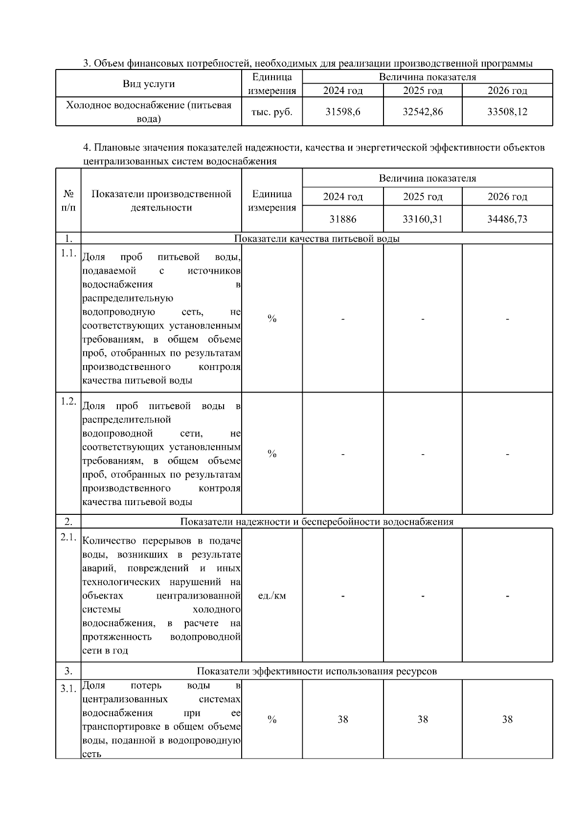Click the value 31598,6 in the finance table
(x=342, y=112)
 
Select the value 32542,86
(x=423, y=112)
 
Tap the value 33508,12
(x=507, y=112)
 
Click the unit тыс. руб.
(x=272, y=112)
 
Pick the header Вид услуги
(x=149, y=84)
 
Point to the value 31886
(x=342, y=219)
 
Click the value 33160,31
(x=423, y=219)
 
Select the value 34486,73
(x=507, y=219)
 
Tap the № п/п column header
(x=68, y=200)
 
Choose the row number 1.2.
(x=68, y=401)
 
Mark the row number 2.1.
(x=68, y=537)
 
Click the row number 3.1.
(x=68, y=689)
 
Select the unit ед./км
(x=272, y=596)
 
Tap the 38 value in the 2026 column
(x=507, y=719)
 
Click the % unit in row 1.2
(x=272, y=454)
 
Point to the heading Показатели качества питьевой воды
(x=316, y=238)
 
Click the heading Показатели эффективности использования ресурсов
(x=316, y=671)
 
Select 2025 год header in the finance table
(x=423, y=91)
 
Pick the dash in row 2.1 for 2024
(x=342, y=596)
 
